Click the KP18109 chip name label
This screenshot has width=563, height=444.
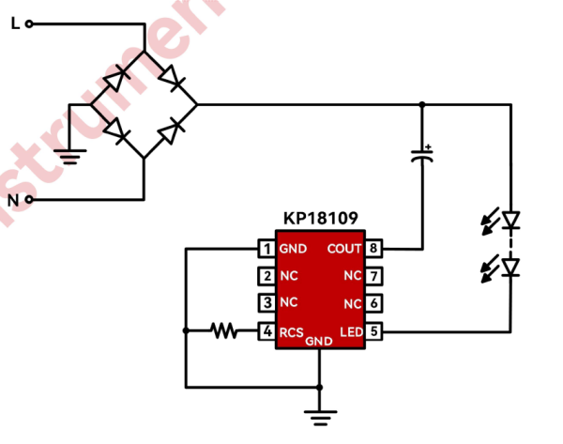(x=320, y=218)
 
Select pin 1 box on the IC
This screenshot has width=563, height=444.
(x=267, y=249)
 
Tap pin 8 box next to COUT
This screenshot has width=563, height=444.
(x=373, y=249)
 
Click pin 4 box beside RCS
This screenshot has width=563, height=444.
(x=267, y=330)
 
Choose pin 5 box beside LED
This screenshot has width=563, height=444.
(x=373, y=330)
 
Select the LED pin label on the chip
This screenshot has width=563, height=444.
(x=350, y=330)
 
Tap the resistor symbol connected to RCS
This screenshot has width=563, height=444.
(x=223, y=330)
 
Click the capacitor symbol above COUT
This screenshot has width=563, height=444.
(x=423, y=156)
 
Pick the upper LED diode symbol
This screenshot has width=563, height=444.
(x=510, y=222)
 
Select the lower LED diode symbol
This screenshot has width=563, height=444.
(x=510, y=268)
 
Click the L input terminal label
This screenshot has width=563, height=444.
(x=14, y=23)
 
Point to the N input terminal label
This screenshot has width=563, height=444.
(x=13, y=200)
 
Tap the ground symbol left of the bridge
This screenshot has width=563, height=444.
(x=70, y=155)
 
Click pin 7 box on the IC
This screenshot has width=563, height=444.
(x=373, y=276)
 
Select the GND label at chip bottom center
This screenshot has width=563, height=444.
(x=320, y=341)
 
